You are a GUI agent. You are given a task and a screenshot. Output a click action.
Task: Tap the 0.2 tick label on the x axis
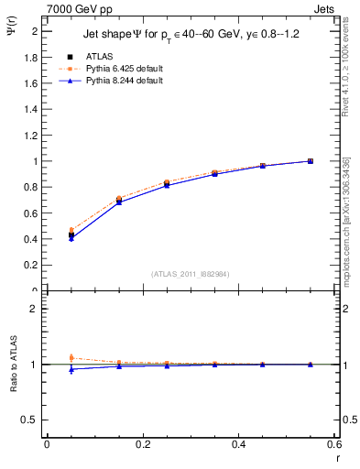(142, 444)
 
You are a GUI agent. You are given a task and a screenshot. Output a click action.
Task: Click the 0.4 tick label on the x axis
(238, 444)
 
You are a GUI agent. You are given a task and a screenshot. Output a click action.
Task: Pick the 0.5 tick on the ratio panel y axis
(32, 420)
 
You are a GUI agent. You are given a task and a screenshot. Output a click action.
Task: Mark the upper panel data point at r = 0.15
(119, 201)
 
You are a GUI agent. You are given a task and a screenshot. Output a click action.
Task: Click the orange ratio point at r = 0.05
(71, 358)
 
